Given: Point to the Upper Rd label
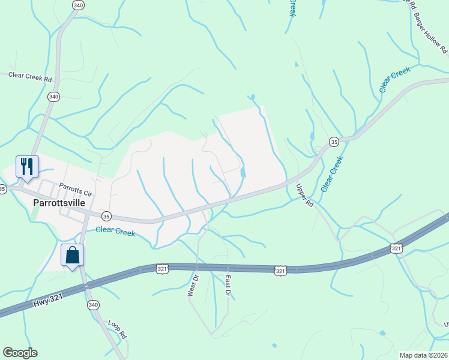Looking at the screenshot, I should (305, 196).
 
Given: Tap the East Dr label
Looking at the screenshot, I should (228, 285).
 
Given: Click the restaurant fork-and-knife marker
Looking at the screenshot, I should (27, 166).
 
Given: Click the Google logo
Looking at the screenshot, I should (20, 353).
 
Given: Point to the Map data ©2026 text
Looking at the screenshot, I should (422, 355).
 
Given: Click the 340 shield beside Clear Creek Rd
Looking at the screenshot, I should (54, 97).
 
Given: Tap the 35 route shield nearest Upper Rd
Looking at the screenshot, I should (334, 142).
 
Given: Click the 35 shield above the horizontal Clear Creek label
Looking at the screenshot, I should (106, 216).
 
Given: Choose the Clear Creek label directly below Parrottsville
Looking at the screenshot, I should (115, 231).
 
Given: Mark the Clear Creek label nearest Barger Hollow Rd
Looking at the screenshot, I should (394, 80).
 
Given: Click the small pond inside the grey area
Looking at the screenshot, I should (243, 173).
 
